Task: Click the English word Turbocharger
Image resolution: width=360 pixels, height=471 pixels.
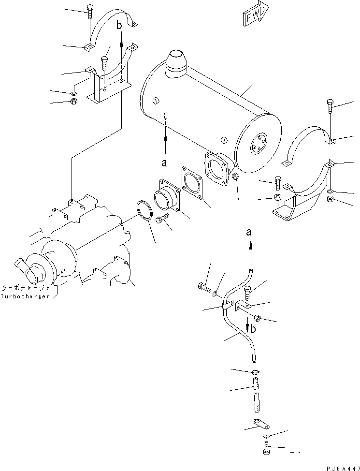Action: [25, 296]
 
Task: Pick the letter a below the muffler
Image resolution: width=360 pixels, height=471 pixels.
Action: [165, 163]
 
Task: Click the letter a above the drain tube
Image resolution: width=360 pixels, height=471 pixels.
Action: [249, 233]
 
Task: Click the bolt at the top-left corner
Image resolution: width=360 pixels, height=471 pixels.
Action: [90, 11]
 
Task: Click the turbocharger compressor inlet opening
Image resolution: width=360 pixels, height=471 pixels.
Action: [31, 278]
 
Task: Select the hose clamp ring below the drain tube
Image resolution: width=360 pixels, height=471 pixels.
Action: [255, 372]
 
